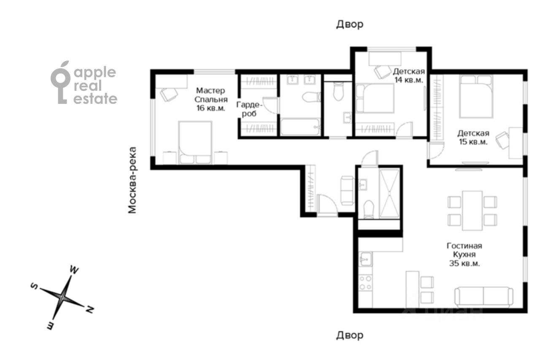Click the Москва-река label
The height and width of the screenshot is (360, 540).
(132, 180)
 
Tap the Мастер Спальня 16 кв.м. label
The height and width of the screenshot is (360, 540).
(211, 99)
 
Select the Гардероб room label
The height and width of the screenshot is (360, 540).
(249, 109)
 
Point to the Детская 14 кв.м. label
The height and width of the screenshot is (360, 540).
(409, 76)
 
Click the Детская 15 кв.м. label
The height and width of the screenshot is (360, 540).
(473, 138)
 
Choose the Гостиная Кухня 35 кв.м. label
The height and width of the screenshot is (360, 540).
(464, 254)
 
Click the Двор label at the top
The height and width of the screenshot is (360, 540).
(350, 24)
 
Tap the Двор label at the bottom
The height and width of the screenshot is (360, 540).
(350, 335)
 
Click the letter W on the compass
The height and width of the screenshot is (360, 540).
(74, 270)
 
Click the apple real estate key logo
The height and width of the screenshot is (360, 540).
(60, 82)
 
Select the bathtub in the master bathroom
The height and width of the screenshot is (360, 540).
(300, 127)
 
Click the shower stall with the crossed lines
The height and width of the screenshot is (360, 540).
(389, 194)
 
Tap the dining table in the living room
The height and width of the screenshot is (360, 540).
(472, 211)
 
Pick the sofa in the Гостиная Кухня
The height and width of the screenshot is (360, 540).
(483, 297)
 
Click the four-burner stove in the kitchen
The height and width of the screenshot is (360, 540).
(365, 283)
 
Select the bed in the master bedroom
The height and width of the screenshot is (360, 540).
(195, 143)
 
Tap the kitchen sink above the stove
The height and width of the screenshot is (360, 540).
(365, 259)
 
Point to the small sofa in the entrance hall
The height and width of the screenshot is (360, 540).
(347, 190)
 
